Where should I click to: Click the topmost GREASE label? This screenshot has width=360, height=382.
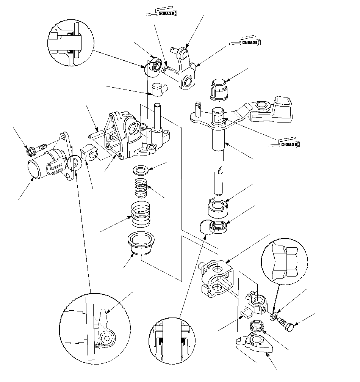pyautogui.click(x=167, y=13)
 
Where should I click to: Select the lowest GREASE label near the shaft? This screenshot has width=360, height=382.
pyautogui.click(x=290, y=144)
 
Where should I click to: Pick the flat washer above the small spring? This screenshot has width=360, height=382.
pyautogui.click(x=141, y=170)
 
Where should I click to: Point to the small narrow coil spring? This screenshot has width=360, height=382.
pyautogui.click(x=141, y=187)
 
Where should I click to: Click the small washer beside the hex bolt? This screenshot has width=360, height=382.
pyautogui.click(x=273, y=316)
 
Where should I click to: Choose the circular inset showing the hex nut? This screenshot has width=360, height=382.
pyautogui.click(x=285, y=262)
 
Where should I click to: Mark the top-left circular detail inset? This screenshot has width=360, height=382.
pyautogui.click(x=71, y=43)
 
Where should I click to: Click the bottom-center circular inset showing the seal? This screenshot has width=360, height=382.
pyautogui.click(x=172, y=341)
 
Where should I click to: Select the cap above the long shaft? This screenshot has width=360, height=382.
pyautogui.click(x=219, y=90)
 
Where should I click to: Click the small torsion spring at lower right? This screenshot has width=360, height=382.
pyautogui.click(x=257, y=326)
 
